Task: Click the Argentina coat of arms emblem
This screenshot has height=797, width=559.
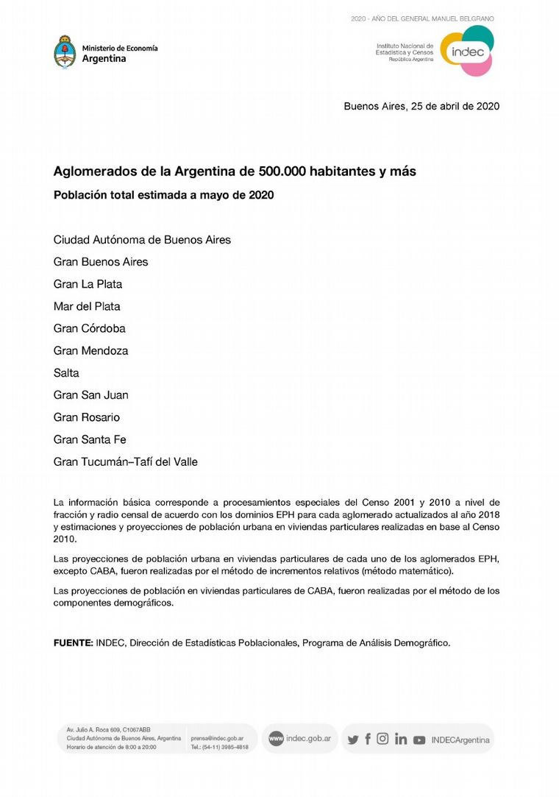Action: point(65,52)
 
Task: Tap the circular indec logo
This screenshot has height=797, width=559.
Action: point(466,51)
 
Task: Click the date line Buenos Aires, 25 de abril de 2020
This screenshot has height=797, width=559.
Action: point(421,106)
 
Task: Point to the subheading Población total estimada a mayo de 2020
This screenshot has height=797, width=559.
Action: point(163,195)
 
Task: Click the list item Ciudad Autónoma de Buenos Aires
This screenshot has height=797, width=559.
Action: point(142,240)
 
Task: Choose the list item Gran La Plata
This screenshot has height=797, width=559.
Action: point(88,284)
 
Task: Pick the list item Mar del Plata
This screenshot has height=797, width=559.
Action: point(87,306)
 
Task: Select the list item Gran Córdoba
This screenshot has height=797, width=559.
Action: point(89,328)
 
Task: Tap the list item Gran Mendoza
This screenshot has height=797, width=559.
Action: point(90,351)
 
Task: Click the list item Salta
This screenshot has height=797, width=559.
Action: point(66,373)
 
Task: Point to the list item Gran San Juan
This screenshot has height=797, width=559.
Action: point(90,395)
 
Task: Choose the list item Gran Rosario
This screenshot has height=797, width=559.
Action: point(86,417)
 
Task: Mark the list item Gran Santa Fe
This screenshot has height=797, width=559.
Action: point(90,440)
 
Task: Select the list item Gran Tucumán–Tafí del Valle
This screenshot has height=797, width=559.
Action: point(125,462)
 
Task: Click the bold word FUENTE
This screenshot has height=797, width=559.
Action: point(73,642)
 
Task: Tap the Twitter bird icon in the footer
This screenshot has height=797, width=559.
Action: point(353,740)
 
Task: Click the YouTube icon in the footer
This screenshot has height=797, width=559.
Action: point(419,740)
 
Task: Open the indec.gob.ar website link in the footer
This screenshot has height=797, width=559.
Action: point(307,738)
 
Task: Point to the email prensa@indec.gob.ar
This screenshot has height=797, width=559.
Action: point(217,738)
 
